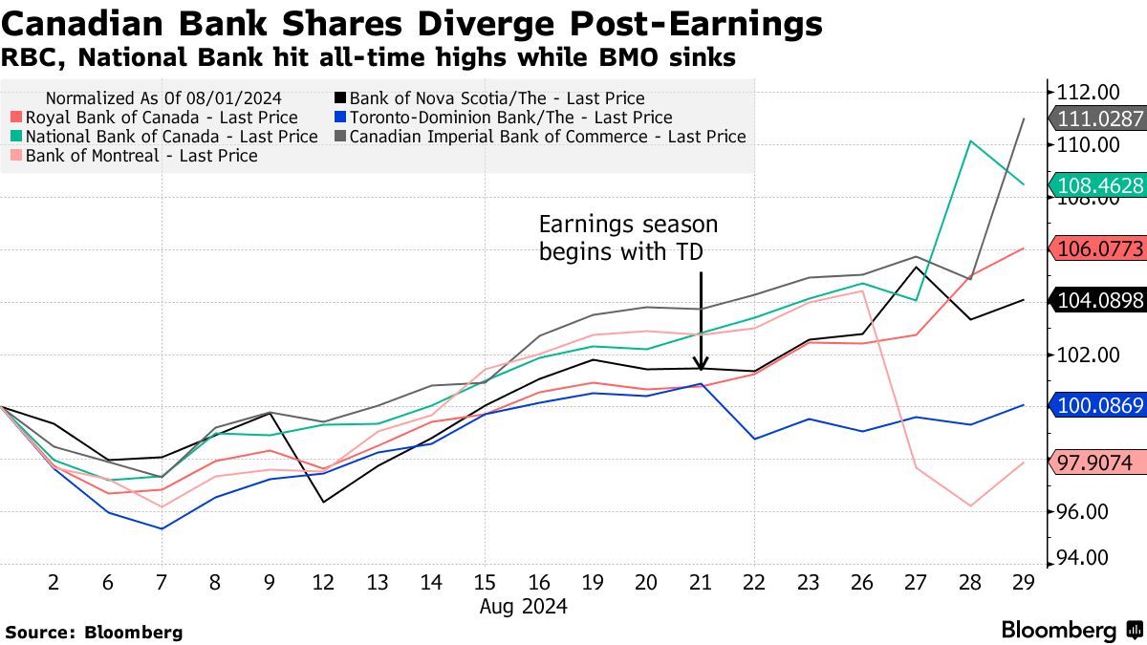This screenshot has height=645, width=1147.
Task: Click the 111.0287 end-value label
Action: pos(1100,119)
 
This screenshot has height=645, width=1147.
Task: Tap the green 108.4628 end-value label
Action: pos(1100,185)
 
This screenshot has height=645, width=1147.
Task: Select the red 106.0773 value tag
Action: pos(1100,249)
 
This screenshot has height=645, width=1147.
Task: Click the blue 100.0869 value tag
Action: pos(1100,405)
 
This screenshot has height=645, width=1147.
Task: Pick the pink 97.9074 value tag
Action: pos(1100,462)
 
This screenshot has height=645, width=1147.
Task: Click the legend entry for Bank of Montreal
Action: pos(141,155)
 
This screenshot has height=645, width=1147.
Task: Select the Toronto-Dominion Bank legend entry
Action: pos(510,118)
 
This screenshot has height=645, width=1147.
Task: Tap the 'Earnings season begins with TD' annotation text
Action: pos(627,238)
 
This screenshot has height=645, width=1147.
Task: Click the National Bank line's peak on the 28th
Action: pos(971,141)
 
